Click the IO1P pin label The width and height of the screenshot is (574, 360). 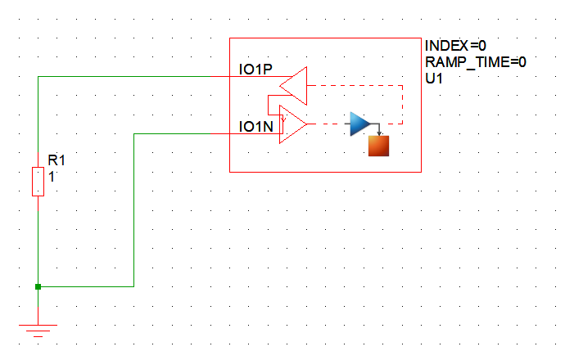(255, 70)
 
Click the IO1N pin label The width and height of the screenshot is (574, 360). (255, 127)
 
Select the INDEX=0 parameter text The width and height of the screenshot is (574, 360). (455, 45)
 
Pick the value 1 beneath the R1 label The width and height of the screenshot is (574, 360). (52, 174)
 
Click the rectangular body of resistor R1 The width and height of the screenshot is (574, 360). (38, 181)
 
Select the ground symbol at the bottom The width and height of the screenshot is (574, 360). (38, 326)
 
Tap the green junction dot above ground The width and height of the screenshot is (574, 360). (38, 286)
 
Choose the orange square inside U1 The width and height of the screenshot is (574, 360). (378, 146)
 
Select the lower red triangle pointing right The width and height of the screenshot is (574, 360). (292, 124)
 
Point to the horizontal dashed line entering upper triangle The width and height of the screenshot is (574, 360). (352, 84)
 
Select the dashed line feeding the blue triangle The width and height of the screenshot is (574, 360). (328, 124)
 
